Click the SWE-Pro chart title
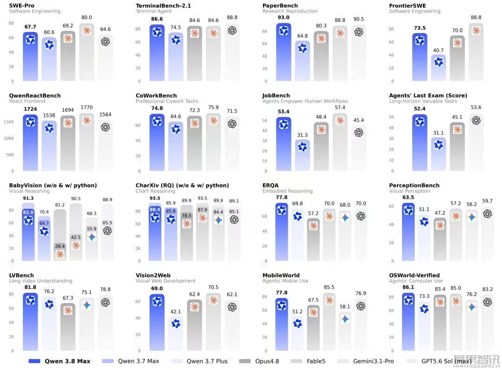coord(22,6)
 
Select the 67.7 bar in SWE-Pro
coord(30,56)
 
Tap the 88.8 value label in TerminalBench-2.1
coord(232,17)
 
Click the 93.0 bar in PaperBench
coord(284,52)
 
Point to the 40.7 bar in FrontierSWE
coord(439,67)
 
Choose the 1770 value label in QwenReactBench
coord(86,107)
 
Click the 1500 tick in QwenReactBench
coord(9,122)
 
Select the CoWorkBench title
coord(156,95)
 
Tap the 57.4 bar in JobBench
coord(340,141)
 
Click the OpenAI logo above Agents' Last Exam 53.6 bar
coord(476,120)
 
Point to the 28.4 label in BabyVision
coord(60,246)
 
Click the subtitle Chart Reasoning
coord(155,191)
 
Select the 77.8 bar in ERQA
coord(282,232)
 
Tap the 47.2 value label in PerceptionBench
coord(440,213)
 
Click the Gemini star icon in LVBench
coord(87,305)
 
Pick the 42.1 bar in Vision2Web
coord(176,333)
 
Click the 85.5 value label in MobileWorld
coord(329,287)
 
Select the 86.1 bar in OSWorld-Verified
coord(409,322)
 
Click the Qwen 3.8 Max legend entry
coord(59,361)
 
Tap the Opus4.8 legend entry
coord(259,361)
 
